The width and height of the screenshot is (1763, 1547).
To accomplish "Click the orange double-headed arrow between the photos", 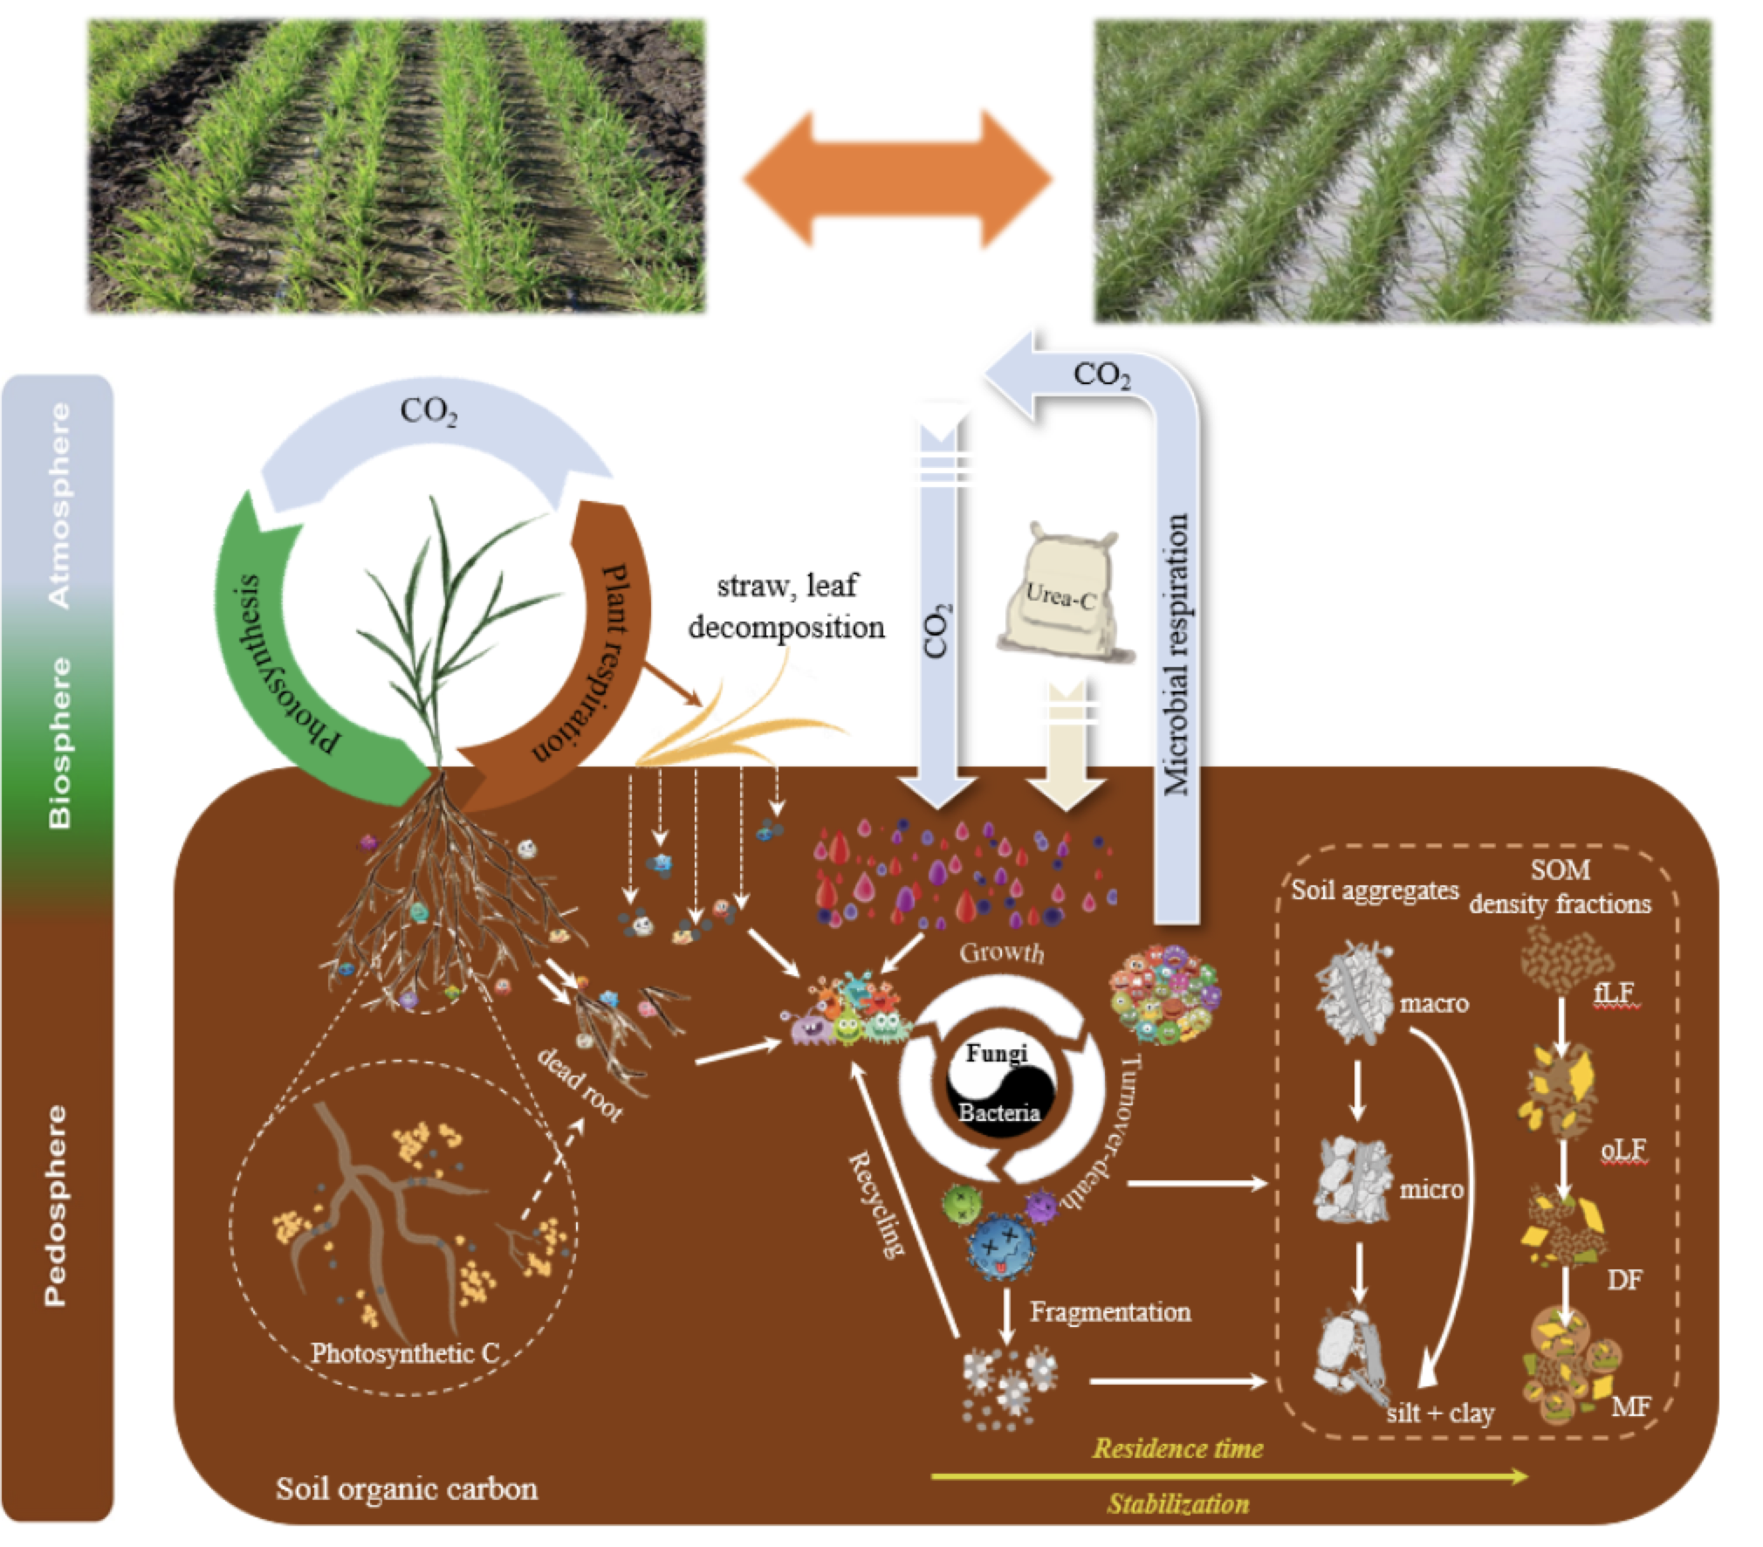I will (897, 178).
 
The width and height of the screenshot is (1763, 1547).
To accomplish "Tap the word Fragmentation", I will (1109, 1311).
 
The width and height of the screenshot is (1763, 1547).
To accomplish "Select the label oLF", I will (1622, 1151).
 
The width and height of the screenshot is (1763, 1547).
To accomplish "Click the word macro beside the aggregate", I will (1434, 1003).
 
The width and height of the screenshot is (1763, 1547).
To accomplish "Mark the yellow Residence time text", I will (1177, 1449).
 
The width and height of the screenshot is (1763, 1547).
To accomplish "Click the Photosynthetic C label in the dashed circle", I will (405, 1353).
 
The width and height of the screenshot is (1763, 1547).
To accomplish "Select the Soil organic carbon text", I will (407, 1488).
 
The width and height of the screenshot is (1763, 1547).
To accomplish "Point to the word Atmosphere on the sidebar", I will (59, 505).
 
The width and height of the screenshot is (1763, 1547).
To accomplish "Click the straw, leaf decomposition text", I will (786, 606).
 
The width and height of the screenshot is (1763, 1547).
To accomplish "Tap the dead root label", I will (580, 1083).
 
